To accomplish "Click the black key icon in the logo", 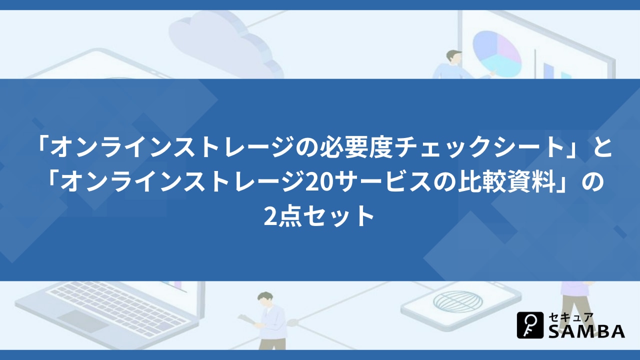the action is (530, 325).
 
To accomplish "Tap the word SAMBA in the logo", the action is (586, 331).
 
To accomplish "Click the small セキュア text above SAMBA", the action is (571, 317).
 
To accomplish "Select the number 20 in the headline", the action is (315, 182).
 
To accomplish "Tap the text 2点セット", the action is (319, 217).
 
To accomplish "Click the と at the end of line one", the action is (602, 147).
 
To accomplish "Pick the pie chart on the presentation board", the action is (497, 53).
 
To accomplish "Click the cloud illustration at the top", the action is (225, 43).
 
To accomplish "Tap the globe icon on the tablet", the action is (458, 301).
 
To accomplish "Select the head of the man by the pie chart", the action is (453, 57).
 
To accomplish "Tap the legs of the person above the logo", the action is (574, 306).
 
